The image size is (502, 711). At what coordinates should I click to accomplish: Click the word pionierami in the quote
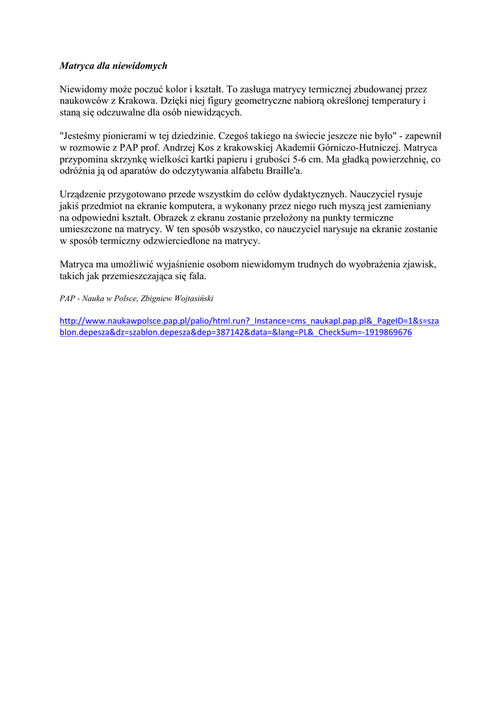[x=131, y=136]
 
